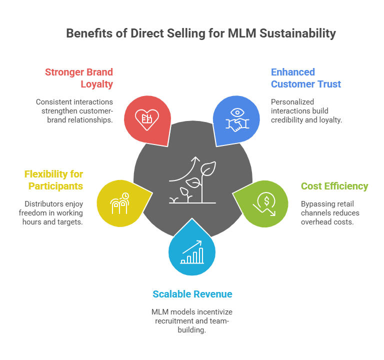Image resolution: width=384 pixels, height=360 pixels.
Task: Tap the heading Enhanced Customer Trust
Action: (x=305, y=77)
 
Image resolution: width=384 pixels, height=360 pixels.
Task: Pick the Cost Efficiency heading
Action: (x=334, y=186)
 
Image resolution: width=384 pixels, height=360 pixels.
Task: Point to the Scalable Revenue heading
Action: (x=192, y=293)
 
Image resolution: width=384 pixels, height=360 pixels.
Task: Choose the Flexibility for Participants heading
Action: (x=53, y=180)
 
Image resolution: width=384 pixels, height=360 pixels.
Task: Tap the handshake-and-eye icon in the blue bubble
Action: (x=237, y=118)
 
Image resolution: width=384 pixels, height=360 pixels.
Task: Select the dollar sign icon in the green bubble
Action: (x=265, y=203)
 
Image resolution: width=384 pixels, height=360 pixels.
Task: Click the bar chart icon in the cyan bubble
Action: (x=192, y=252)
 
